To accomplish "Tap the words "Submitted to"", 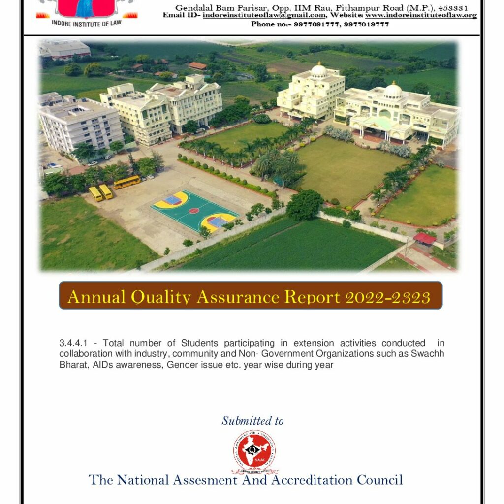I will [x=252, y=421].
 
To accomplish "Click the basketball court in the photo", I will [x=194, y=211].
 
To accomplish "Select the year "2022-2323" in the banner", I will [x=388, y=297].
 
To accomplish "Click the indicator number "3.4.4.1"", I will [x=73, y=343].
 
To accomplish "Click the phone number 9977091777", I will [x=315, y=24].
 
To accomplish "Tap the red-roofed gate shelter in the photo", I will [x=425, y=238].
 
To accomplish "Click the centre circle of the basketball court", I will [x=194, y=211].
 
